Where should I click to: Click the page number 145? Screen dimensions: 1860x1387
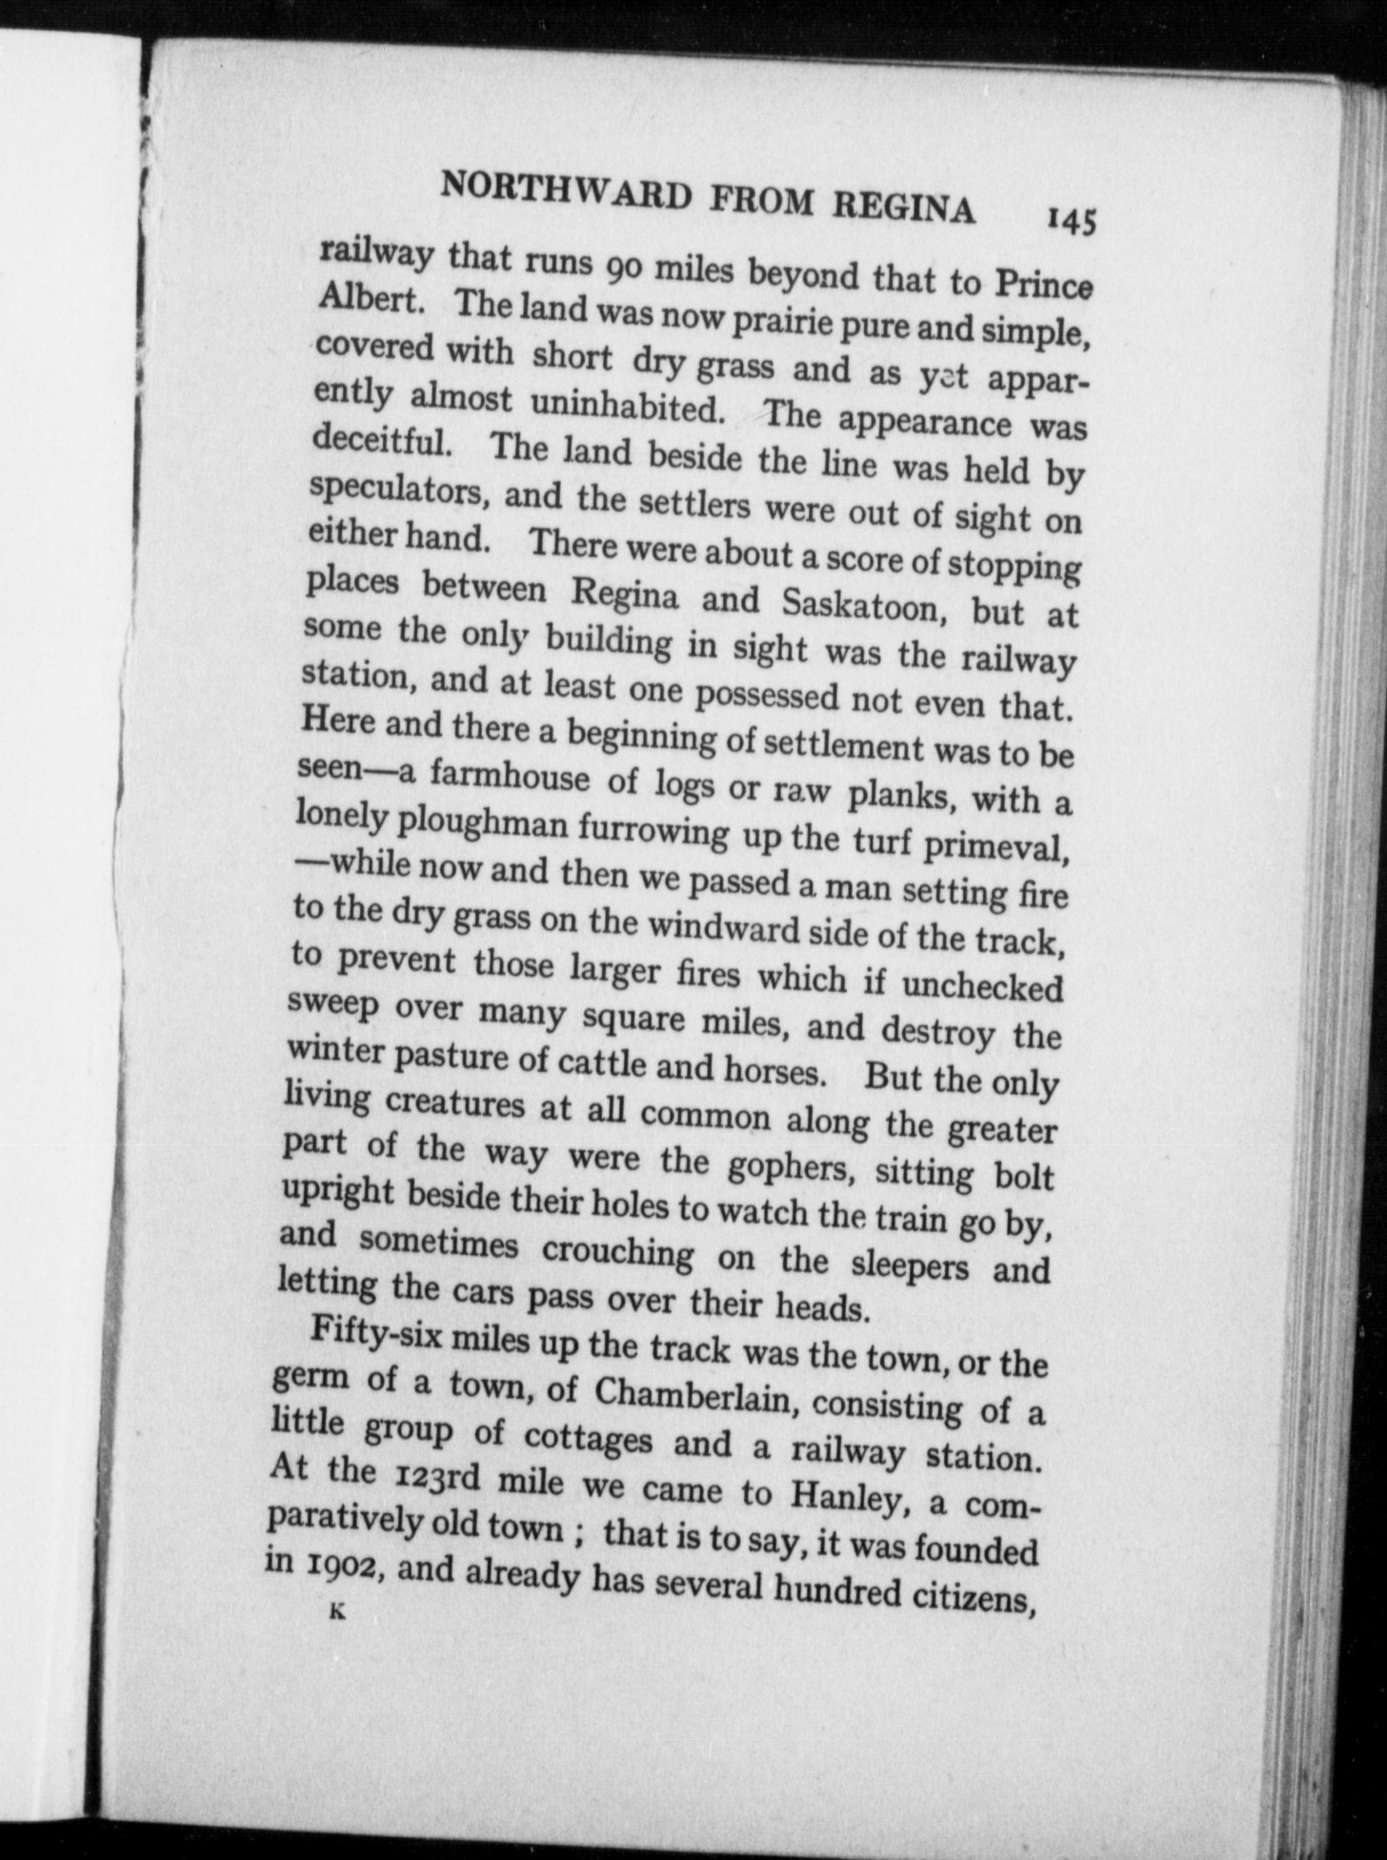tap(1072, 221)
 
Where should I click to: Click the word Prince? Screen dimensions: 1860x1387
tap(1043, 282)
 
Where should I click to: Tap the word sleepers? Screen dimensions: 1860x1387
tap(909, 1264)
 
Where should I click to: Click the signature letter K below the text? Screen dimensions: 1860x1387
tap(335, 1611)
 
